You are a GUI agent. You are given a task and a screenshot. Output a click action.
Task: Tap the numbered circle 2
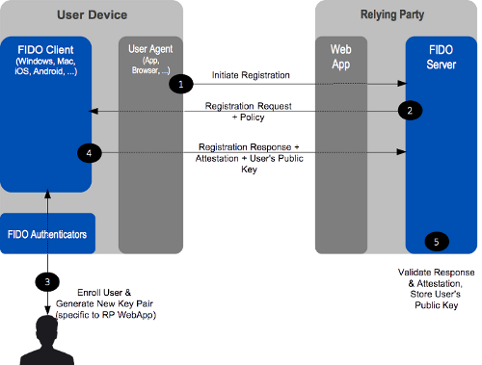[410, 111]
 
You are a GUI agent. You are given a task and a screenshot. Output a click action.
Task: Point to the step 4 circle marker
[89, 152]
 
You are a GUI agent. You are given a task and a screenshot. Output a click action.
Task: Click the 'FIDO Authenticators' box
[47, 233]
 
